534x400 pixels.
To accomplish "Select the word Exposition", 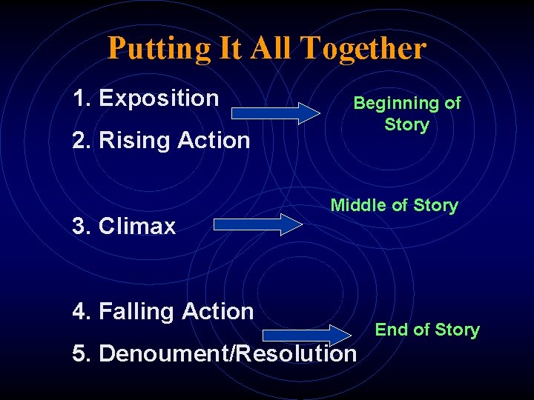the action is [159, 98].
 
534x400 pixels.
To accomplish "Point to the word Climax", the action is [137, 226].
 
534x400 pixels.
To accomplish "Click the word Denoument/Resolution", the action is [228, 353].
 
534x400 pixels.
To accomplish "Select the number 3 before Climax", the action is [79, 226].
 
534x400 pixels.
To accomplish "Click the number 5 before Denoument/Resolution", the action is [80, 353].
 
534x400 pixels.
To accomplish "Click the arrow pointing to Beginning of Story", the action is [276, 112].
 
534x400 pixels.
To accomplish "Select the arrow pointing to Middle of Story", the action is [259, 224].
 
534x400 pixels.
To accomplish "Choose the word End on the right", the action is [389, 330].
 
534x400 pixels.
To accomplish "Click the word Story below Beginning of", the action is [406, 124].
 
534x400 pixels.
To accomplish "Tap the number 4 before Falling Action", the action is [79, 312].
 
